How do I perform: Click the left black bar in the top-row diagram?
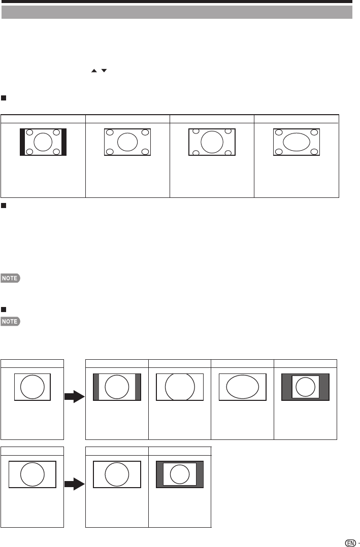coord(22,142)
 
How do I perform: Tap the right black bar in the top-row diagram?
coord(63,142)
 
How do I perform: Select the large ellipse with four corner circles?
coord(296,142)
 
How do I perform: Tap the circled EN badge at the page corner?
coord(349,542)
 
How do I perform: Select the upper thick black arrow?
coord(75,396)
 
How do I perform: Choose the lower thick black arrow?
coord(75,485)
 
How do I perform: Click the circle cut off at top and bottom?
coord(180,387)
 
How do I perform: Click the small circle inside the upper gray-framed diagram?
coord(305,387)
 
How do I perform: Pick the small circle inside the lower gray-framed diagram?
coord(180,475)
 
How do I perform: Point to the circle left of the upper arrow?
coord(32,387)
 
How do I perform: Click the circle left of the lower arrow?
coord(31,475)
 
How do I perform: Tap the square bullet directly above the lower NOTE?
coord(4,310)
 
